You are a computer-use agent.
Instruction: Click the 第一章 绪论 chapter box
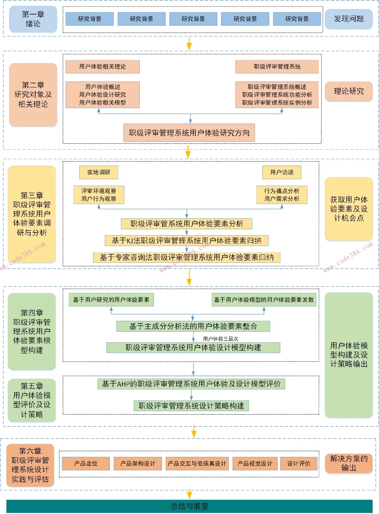point(33,19)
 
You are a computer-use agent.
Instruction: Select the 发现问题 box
point(348,19)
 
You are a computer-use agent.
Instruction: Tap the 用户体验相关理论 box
point(103,67)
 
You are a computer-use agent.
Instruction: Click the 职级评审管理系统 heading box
point(277,67)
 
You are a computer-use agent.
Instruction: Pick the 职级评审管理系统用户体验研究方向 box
point(189,133)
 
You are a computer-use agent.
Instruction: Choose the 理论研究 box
point(348,91)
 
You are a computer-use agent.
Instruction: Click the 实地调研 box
point(98,172)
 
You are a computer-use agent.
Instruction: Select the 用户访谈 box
point(282,172)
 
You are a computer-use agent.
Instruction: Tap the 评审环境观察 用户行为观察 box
point(98,195)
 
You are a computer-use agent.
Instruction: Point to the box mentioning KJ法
point(186,241)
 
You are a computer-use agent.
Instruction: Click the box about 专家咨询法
point(187,258)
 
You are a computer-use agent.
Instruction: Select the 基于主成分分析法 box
point(193,326)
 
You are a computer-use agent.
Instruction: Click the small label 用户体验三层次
point(221,339)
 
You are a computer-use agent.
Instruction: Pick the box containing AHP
point(191,384)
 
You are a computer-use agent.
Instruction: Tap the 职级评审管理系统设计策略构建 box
point(191,406)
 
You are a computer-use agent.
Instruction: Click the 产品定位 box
point(86,464)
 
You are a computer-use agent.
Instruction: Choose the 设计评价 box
point(298,464)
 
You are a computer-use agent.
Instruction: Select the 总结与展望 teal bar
point(189,506)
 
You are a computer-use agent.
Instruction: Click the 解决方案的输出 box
point(348,463)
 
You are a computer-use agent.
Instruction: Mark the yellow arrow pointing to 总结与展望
point(189,494)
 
